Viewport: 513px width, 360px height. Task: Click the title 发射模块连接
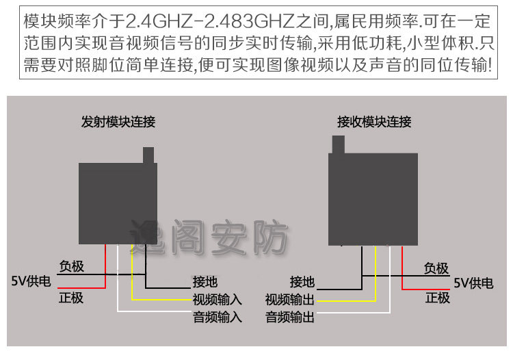[x=118, y=123]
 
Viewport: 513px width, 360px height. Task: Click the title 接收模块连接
[x=374, y=123]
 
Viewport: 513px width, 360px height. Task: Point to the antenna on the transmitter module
[x=149, y=155]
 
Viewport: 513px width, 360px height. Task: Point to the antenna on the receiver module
[x=337, y=144]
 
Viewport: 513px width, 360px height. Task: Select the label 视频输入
[x=218, y=299]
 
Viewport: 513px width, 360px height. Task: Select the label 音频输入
[x=218, y=317]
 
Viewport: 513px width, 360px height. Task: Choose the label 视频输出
[x=290, y=299]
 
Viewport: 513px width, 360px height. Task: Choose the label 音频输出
[x=290, y=317]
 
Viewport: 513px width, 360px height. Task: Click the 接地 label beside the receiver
[x=302, y=281]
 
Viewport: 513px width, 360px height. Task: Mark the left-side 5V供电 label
[x=31, y=281]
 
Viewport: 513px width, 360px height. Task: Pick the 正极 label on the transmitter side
[x=71, y=298]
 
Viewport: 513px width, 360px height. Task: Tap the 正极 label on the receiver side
[x=438, y=298]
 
